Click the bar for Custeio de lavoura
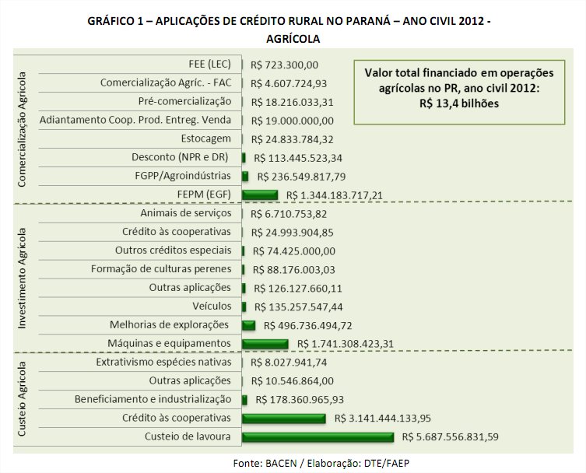tap(318, 437)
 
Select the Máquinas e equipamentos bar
tap(265, 344)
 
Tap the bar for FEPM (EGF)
tap(260, 194)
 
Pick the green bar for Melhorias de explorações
tap(249, 325)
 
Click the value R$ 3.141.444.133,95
tap(382, 419)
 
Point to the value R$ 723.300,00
tap(286, 64)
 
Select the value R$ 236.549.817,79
tap(306, 176)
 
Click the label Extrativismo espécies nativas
tap(163, 363)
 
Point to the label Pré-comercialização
tap(184, 101)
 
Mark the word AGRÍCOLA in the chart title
tap(293, 37)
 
